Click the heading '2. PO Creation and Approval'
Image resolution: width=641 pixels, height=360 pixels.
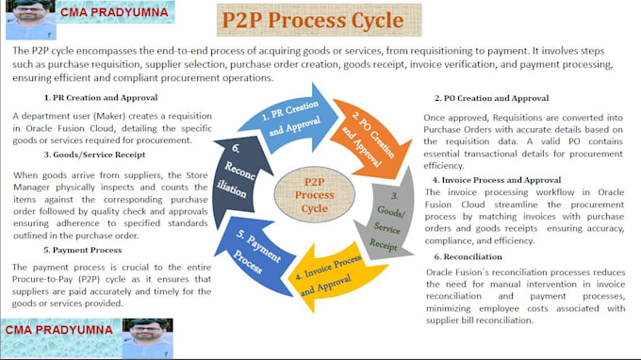[x=491, y=98]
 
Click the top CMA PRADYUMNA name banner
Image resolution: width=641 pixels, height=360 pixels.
[x=114, y=13]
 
